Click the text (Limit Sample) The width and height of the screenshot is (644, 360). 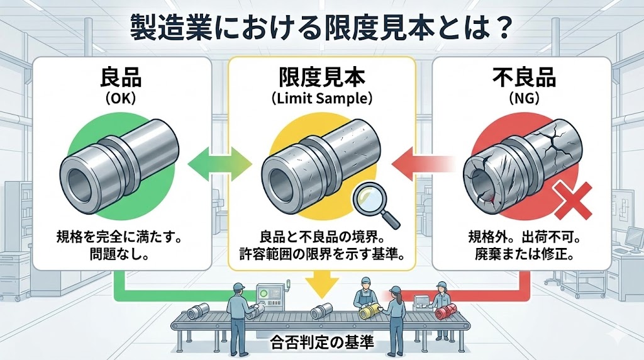click(x=321, y=99)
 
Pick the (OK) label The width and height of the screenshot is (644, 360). click(x=121, y=99)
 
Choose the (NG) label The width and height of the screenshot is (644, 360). click(x=523, y=99)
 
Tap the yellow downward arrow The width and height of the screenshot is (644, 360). click(x=321, y=284)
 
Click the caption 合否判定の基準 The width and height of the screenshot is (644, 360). click(x=321, y=343)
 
